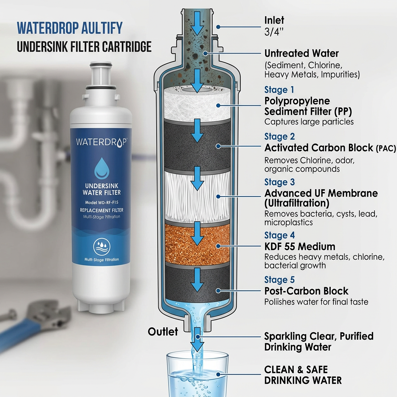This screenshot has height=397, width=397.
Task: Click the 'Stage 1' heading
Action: (279, 90)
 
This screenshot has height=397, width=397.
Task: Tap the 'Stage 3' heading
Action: (280, 182)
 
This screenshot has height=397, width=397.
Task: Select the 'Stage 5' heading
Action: (280, 280)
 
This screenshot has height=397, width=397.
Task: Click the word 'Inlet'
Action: (274, 20)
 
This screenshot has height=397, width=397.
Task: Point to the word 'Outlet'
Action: (163, 331)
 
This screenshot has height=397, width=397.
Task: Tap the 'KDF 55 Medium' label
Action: (300, 247)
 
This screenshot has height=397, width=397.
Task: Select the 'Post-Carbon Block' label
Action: (306, 291)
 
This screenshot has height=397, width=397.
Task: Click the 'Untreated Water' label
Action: (301, 53)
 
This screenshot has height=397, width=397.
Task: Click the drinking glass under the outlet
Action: (197, 374)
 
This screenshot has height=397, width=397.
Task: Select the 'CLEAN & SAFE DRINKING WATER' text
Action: (303, 375)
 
